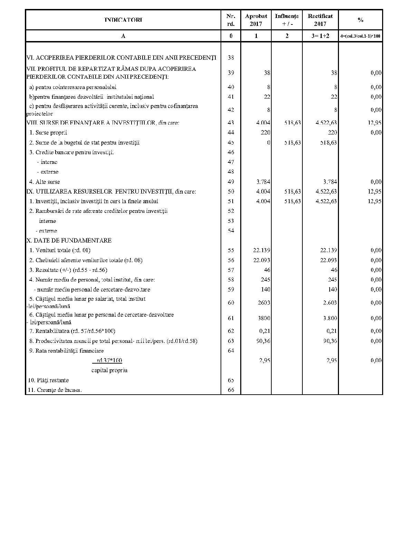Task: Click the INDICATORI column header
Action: (x=123, y=20)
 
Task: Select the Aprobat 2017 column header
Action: (x=256, y=20)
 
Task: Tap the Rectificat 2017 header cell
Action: (x=320, y=20)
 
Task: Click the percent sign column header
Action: (x=360, y=20)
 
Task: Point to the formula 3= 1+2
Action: (x=320, y=36)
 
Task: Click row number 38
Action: (x=231, y=58)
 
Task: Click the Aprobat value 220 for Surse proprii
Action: (x=265, y=132)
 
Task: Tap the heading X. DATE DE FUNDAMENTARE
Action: (x=69, y=240)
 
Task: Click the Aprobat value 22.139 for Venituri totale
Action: (x=262, y=250)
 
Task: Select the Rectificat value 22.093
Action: (x=329, y=260)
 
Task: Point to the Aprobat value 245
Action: (x=265, y=279)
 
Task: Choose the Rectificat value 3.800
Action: (x=330, y=318)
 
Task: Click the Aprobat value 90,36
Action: (x=264, y=341)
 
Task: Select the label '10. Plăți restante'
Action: (x=48, y=380)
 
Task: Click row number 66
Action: (x=231, y=390)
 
